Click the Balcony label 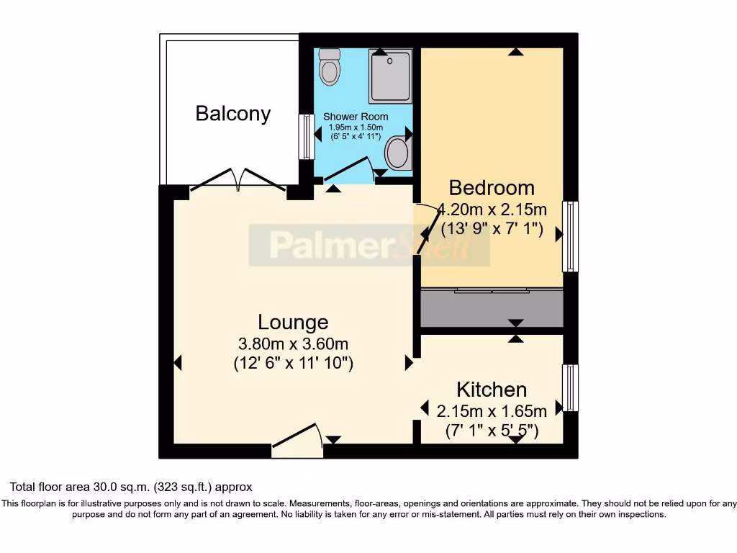click(x=233, y=114)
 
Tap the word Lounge click(x=293, y=323)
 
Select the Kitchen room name click(x=492, y=390)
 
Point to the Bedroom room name click(x=492, y=188)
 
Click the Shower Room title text click(x=356, y=117)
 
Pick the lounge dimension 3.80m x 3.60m click(x=293, y=343)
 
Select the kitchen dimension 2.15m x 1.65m click(x=492, y=411)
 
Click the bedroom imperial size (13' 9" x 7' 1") click(x=492, y=232)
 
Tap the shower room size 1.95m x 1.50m click(x=356, y=127)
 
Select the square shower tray click(x=391, y=76)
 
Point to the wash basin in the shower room click(x=397, y=153)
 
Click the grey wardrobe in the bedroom click(x=492, y=309)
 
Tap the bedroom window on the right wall click(x=570, y=236)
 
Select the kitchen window click(x=570, y=387)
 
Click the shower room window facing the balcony click(x=307, y=136)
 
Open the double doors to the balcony click(x=238, y=181)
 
